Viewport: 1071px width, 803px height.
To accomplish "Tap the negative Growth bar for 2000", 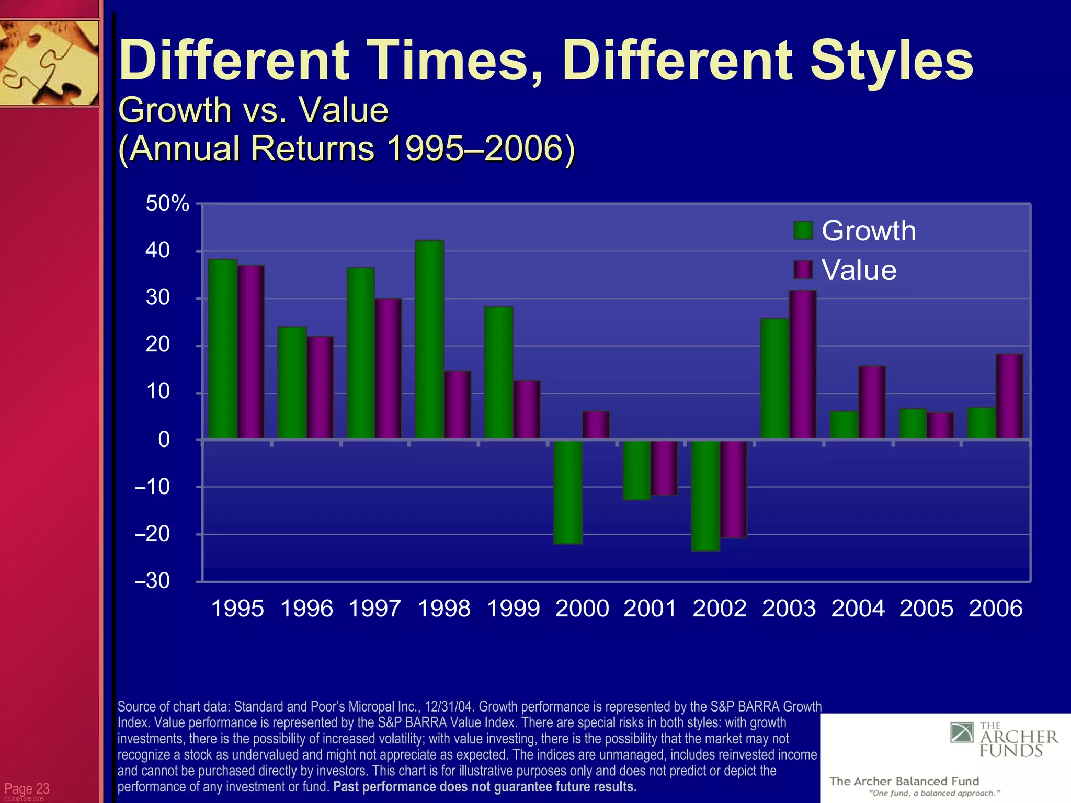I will coord(568,492).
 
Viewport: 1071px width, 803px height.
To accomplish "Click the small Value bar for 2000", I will coord(596,425).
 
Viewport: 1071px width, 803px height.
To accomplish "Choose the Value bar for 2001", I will coord(664,467).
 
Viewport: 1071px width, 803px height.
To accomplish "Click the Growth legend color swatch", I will coord(803,231).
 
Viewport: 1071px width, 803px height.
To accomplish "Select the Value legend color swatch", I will coord(803,270).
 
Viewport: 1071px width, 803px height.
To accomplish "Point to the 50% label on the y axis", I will coord(167,203).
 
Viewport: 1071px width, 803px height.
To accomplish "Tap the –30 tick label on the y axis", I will coord(152,581).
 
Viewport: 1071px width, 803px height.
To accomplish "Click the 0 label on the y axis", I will coord(164,440).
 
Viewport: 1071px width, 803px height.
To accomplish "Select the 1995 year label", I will coord(237,609).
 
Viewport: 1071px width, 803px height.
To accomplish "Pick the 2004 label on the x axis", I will coord(858,609).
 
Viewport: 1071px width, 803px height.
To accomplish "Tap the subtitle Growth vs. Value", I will coord(253,110).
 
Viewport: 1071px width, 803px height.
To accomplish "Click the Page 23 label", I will coord(27,788).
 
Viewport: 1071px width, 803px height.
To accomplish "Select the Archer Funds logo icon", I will coord(962,733).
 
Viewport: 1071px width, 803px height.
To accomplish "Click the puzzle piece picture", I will coord(49,63).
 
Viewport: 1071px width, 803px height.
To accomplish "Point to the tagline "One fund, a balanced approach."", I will coord(935,794).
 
